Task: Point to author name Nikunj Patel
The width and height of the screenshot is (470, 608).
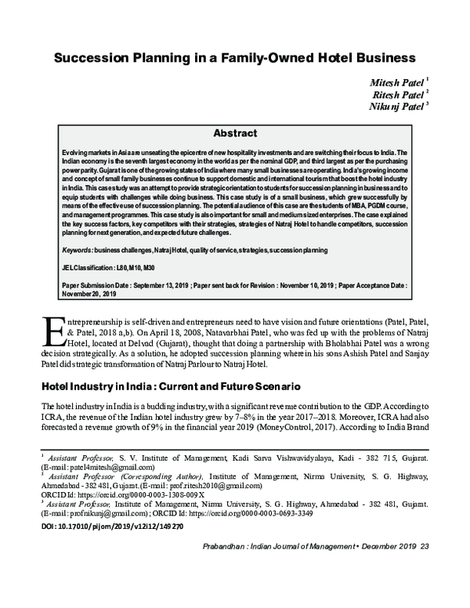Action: pyautogui.click(x=396, y=107)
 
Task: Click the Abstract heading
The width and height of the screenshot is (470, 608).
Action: pyautogui.click(x=235, y=134)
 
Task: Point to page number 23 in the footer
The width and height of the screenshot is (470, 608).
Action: pyautogui.click(x=425, y=547)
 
